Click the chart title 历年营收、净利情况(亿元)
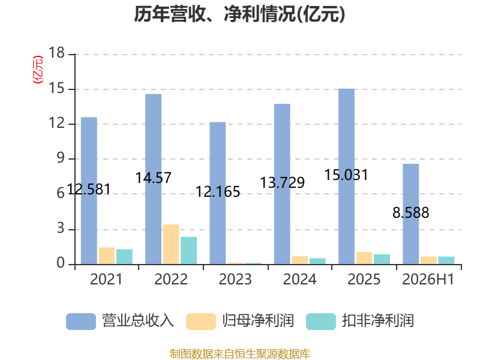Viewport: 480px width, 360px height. (239, 14)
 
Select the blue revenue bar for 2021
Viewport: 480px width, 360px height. (89, 191)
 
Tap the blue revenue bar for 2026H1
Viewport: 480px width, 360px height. (411, 214)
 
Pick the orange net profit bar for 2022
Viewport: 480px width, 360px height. (171, 244)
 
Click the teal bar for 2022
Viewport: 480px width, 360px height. (189, 250)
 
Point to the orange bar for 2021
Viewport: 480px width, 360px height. (107, 256)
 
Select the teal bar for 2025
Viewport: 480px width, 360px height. (382, 259)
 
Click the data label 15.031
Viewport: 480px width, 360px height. (346, 175)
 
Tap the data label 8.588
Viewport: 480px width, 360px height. (411, 213)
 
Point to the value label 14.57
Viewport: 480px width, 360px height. (154, 178)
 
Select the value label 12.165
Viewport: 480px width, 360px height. (218, 192)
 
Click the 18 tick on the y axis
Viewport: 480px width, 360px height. (57, 53)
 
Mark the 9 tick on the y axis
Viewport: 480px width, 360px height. (61, 158)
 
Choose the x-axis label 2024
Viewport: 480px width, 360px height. (299, 279)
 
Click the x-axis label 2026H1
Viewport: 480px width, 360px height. (428, 279)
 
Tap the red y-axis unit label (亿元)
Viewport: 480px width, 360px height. (38, 70)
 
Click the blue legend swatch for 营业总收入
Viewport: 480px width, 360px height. (81, 322)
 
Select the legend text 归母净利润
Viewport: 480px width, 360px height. (258, 321)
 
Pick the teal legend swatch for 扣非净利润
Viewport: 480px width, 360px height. (321, 322)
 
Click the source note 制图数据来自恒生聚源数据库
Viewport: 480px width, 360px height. (240, 354)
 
